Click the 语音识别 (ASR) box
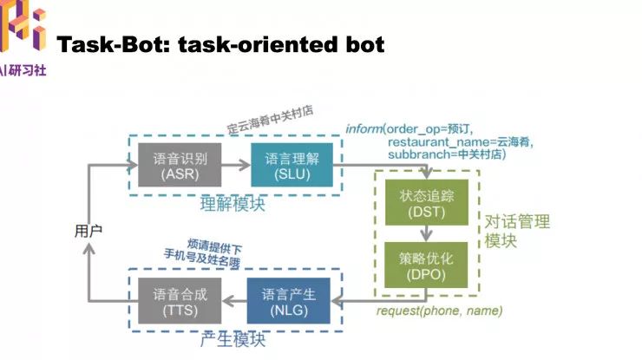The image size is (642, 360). (180, 164)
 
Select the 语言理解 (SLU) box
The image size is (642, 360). (291, 164)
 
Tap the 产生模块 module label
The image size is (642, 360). (233, 339)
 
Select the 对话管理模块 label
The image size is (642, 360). (516, 231)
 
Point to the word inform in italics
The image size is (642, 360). (364, 128)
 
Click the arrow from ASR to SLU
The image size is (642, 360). (235, 163)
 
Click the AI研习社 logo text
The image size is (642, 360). (26, 68)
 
